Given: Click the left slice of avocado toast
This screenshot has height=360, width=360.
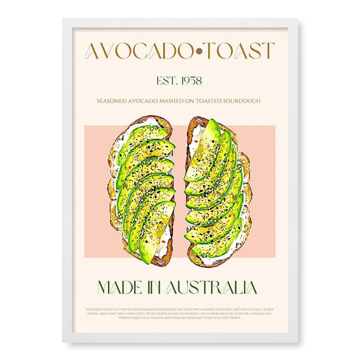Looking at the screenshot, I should pyautogui.click(x=141, y=190).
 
